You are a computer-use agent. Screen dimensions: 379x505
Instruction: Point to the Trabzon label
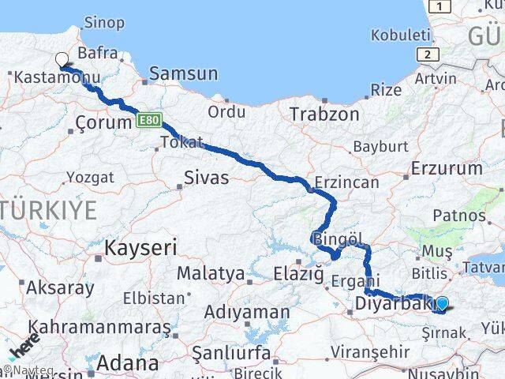click(324, 114)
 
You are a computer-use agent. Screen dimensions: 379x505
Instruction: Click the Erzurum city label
click(447, 168)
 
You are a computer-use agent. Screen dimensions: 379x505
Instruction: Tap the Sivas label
click(206, 178)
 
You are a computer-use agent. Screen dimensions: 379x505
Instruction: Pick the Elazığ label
click(297, 274)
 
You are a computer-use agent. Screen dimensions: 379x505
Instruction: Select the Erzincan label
click(346, 182)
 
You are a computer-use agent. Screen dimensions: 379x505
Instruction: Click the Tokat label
click(181, 143)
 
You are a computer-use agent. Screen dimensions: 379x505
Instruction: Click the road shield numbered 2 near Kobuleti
click(428, 54)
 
